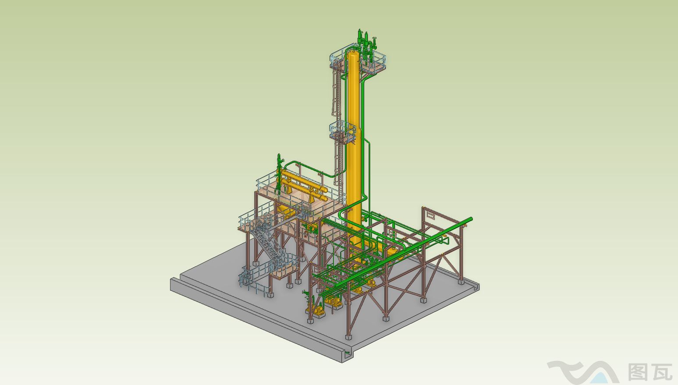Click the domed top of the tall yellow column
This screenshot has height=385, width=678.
point(353,55)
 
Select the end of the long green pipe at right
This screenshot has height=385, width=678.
point(470,219)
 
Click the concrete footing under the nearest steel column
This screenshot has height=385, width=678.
point(348,337)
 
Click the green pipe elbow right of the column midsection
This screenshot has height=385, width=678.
point(368,143)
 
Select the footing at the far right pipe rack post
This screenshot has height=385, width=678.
point(461,282)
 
